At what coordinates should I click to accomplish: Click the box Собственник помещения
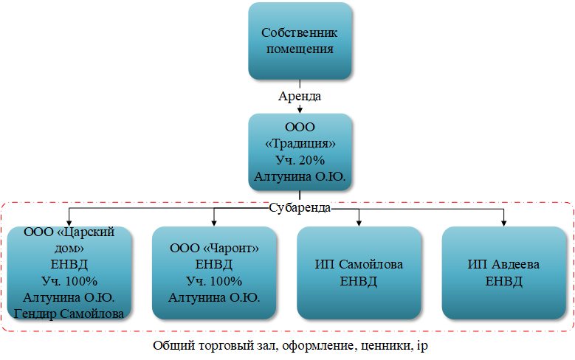point(300,41)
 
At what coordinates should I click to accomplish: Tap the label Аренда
point(300,97)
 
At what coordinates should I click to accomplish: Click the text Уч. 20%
point(300,159)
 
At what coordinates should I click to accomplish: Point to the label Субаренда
point(300,208)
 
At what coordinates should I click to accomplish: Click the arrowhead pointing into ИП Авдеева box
point(504,222)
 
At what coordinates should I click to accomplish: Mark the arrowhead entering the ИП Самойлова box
point(359,222)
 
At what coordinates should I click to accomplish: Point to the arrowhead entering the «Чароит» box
point(214,222)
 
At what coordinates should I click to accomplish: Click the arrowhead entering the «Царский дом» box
point(69,222)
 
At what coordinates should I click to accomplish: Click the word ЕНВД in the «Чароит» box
point(214,264)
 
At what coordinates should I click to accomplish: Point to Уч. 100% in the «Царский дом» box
point(69,281)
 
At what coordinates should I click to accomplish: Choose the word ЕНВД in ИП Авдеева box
point(504,281)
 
